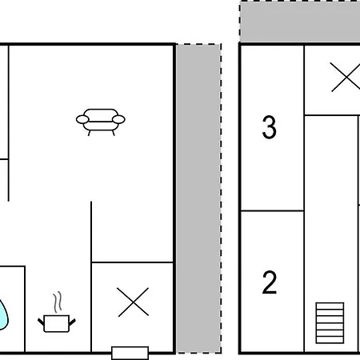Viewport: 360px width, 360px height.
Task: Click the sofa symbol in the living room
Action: tap(101, 122)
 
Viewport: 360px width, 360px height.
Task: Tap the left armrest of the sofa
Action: tap(82, 119)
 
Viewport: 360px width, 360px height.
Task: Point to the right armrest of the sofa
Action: tap(118, 119)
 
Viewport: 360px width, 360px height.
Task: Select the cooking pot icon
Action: tap(57, 312)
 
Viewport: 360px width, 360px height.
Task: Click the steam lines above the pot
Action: tap(58, 302)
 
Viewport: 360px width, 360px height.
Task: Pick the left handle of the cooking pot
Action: tap(41, 322)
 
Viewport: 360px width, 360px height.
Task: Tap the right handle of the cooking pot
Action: tap(72, 322)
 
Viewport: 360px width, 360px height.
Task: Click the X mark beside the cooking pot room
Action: tap(133, 302)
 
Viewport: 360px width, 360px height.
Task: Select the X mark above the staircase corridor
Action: tap(346, 77)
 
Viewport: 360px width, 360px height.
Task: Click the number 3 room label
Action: tap(269, 127)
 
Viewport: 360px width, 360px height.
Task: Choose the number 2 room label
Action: tap(269, 282)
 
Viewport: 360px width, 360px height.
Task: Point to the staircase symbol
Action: tap(330, 323)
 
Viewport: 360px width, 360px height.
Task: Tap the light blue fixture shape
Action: tap(3, 314)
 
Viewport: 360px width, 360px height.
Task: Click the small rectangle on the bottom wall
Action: tap(130, 353)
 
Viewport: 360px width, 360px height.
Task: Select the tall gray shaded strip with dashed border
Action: tap(198, 198)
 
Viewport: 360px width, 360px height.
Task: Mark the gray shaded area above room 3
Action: tap(300, 22)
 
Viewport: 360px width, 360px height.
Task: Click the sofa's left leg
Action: tap(89, 133)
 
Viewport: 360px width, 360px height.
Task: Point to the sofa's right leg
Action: tap(114, 133)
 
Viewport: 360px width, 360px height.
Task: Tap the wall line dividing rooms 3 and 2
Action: tap(272, 210)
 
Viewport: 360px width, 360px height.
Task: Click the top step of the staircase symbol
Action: tap(330, 306)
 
